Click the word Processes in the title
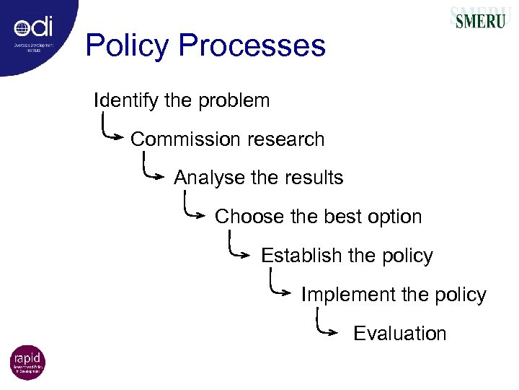point(252,46)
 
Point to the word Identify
point(126,100)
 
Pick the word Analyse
point(204,178)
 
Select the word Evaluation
point(399,334)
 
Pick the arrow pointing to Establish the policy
point(240,248)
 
